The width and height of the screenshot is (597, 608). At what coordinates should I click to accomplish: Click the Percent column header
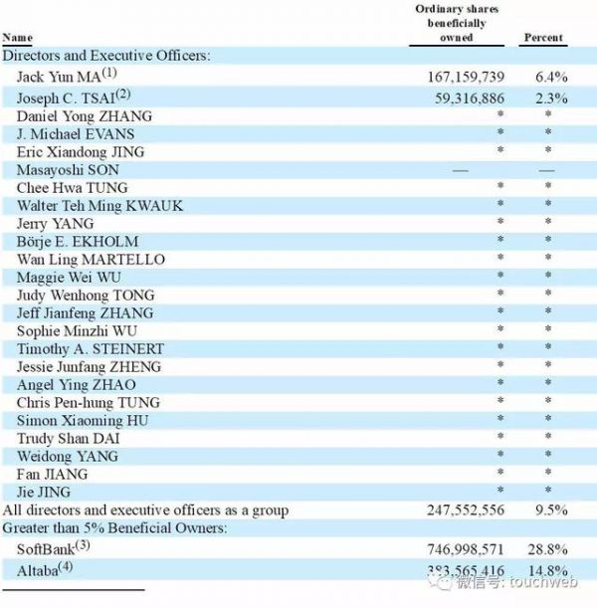click(543, 38)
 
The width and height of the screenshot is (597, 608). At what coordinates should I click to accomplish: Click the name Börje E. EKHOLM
click(78, 242)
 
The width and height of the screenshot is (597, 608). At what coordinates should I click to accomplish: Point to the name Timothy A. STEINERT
click(91, 349)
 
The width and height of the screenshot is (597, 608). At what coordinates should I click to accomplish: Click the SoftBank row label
click(53, 547)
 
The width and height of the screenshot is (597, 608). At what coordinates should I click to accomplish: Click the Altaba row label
click(45, 570)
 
